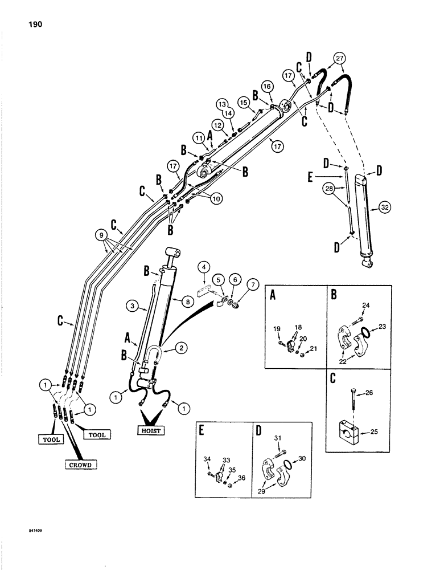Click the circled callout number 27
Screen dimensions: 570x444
(x=340, y=59)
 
